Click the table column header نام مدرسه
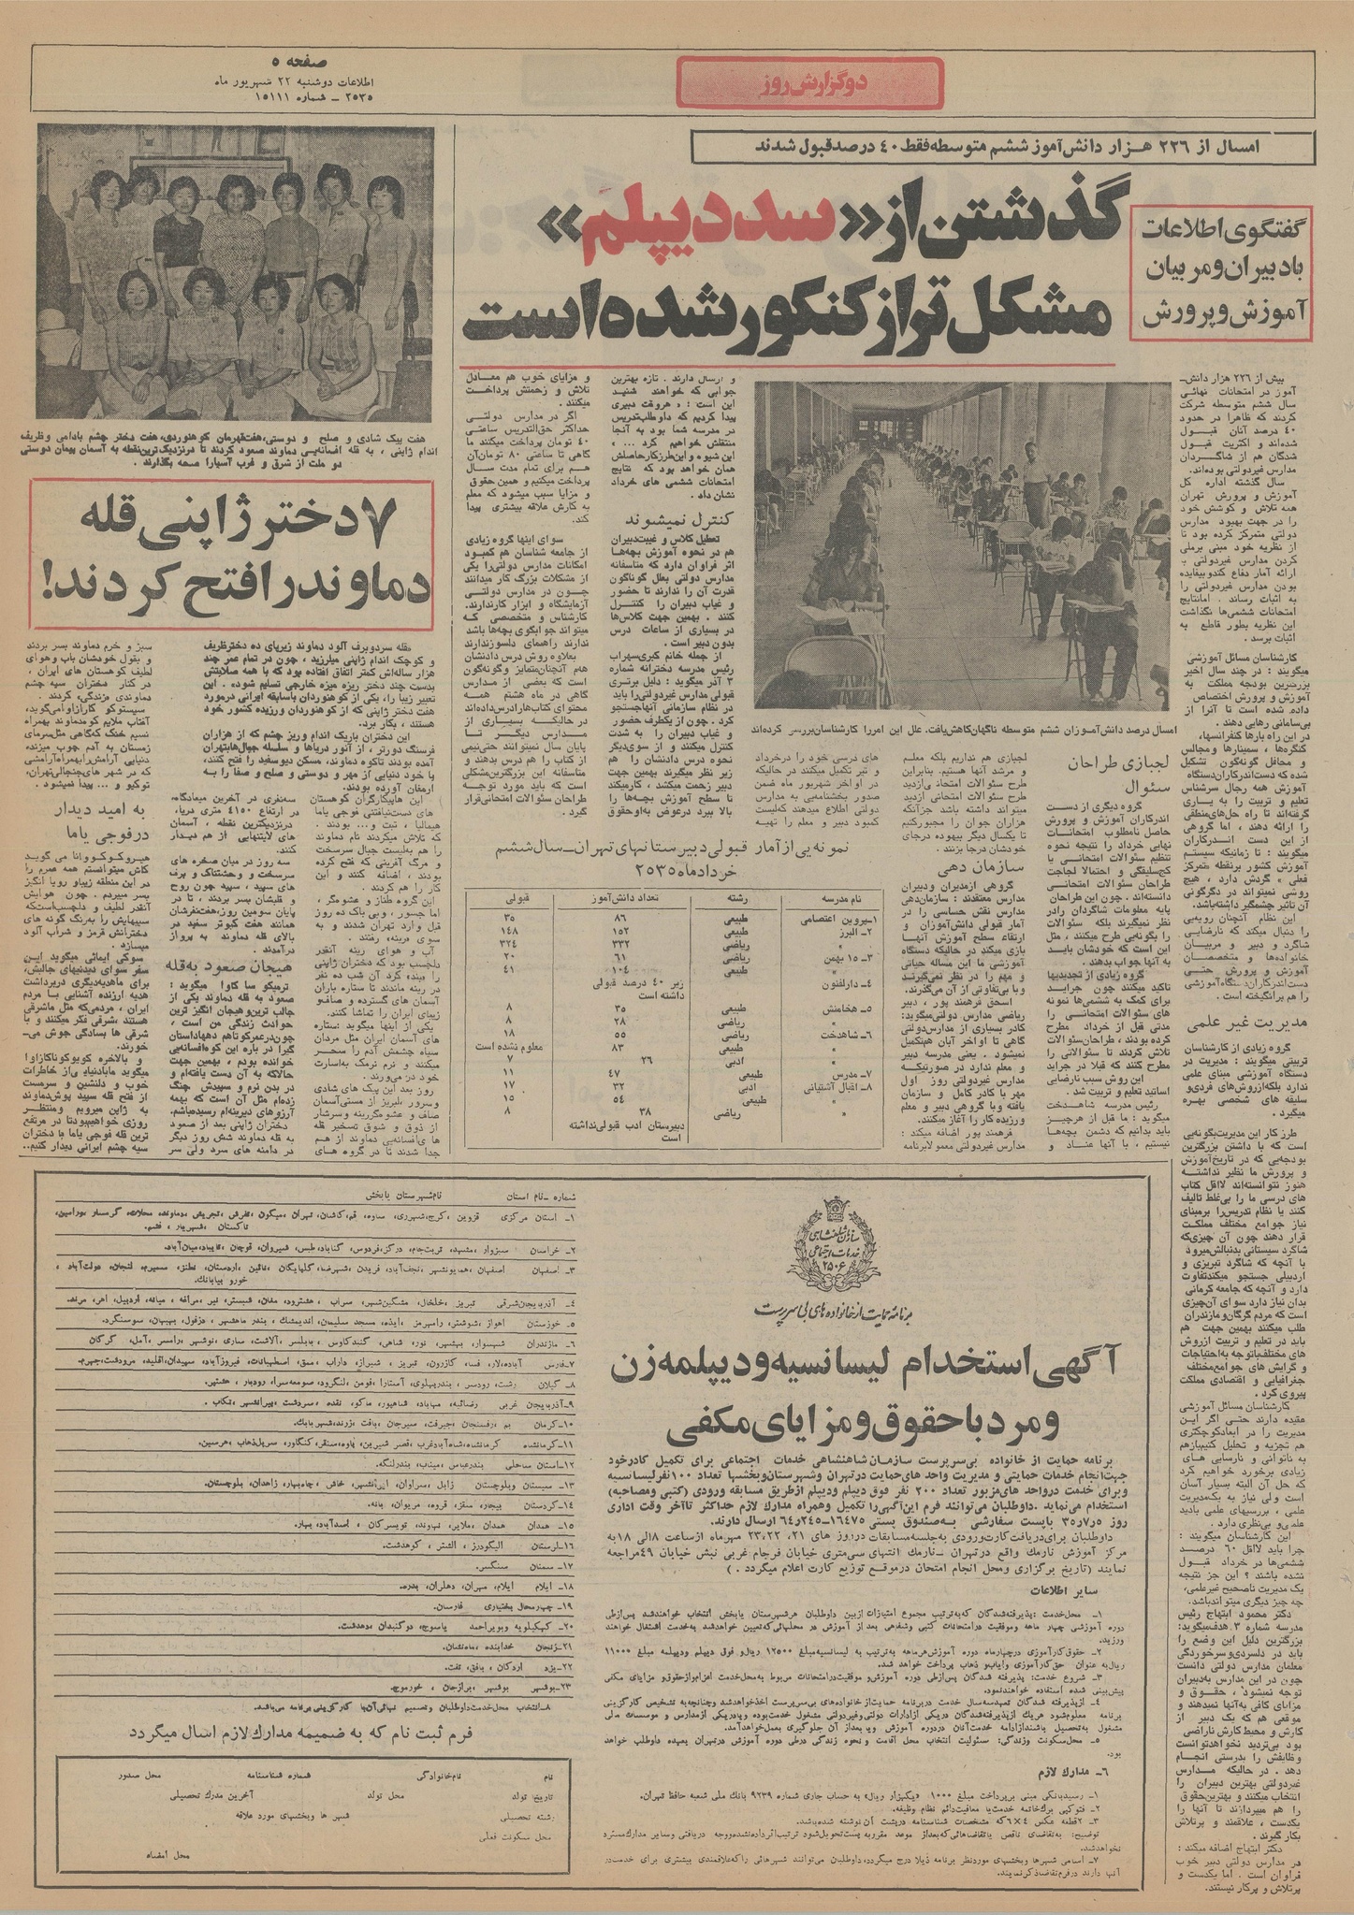(841, 898)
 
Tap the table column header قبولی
(518, 898)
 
